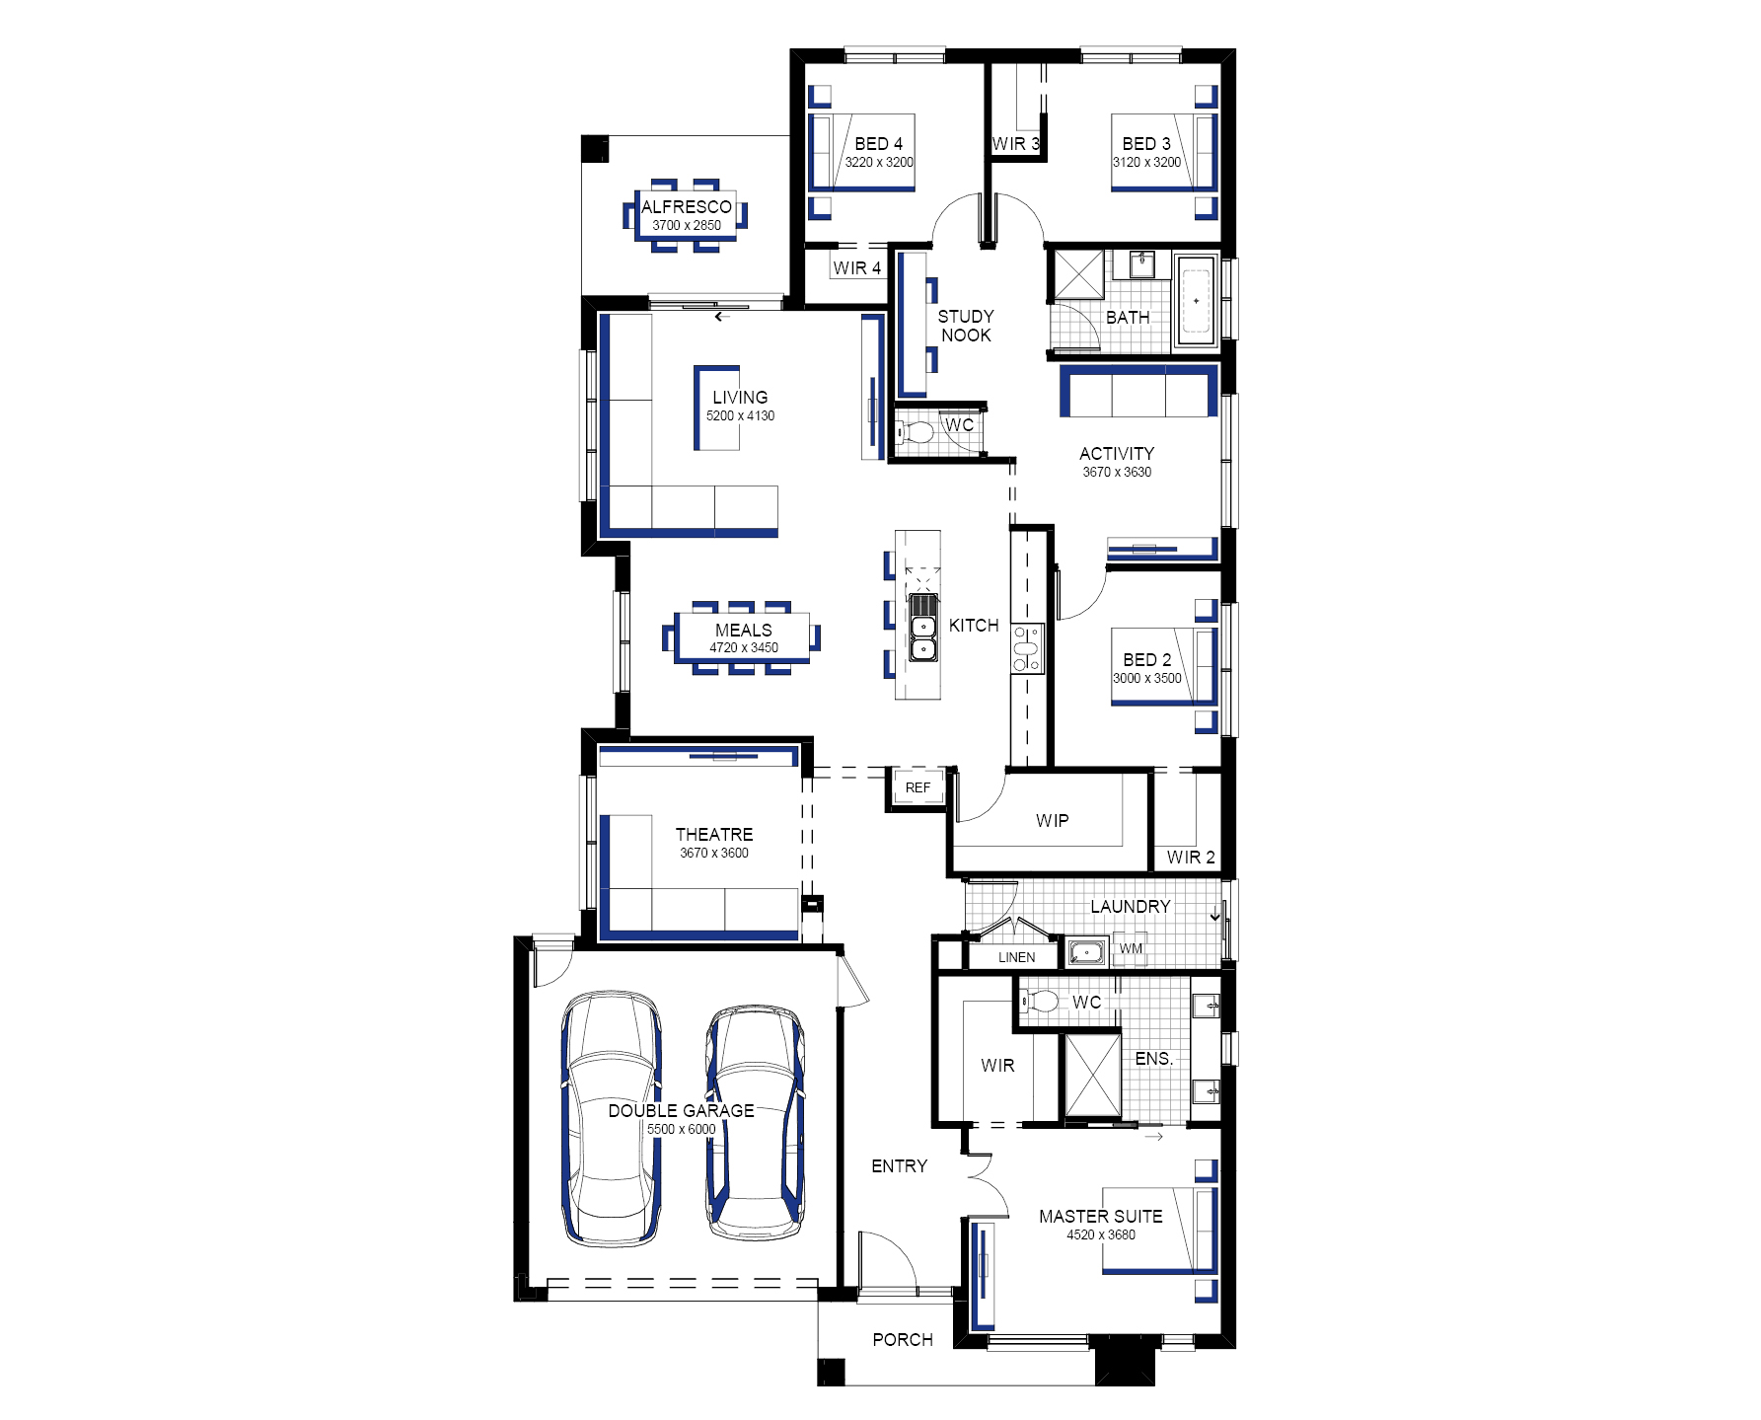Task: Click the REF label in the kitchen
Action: pyautogui.click(x=917, y=787)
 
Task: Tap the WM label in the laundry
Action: pyautogui.click(x=1131, y=948)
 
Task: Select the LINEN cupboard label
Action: pyautogui.click(x=1016, y=957)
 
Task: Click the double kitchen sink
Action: pyautogui.click(x=923, y=637)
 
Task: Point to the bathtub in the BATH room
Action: pyautogui.click(x=1196, y=300)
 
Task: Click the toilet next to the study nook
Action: pyautogui.click(x=915, y=432)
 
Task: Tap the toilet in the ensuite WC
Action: pyautogui.click(x=1039, y=1002)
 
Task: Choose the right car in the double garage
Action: pyautogui.click(x=756, y=1123)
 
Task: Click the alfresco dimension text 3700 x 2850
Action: pyautogui.click(x=687, y=225)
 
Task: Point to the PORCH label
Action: pyautogui.click(x=903, y=1339)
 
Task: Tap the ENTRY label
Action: pyautogui.click(x=900, y=1165)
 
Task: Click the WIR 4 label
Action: pyautogui.click(x=856, y=267)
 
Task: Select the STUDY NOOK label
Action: pyautogui.click(x=966, y=326)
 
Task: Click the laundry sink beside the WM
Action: pyautogui.click(x=1085, y=952)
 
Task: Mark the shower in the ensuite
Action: pyautogui.click(x=1093, y=1076)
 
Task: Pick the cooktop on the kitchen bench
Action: pyautogui.click(x=1026, y=648)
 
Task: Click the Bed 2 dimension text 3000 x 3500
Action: pyautogui.click(x=1147, y=678)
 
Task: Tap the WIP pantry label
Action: pyautogui.click(x=1053, y=820)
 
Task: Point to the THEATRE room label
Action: pyautogui.click(x=714, y=834)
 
